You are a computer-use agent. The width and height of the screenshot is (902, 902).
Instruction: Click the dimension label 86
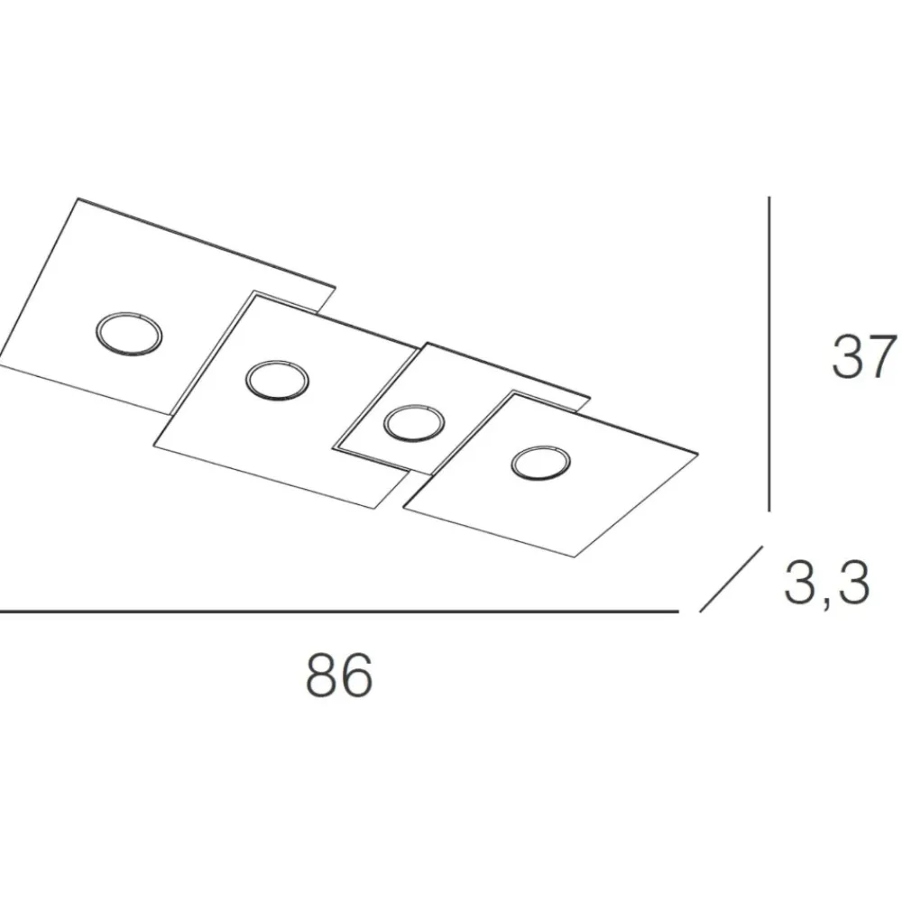tap(339, 675)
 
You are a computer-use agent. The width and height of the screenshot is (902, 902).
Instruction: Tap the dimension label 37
tap(865, 357)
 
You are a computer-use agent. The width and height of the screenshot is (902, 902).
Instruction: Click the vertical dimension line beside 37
tap(769, 354)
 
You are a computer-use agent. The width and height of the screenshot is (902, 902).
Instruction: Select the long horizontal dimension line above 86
tap(339, 612)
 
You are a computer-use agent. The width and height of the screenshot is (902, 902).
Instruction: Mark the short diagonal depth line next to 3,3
tap(732, 579)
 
